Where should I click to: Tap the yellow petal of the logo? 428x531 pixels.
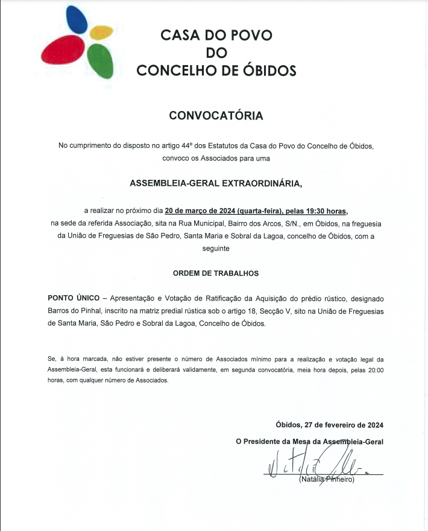(x=101, y=31)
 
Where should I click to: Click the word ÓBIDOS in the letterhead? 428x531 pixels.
(x=268, y=71)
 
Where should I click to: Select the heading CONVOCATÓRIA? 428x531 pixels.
(x=216, y=116)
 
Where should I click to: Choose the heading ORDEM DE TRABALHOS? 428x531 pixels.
(x=216, y=273)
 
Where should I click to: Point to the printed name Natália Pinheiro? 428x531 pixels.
(x=327, y=480)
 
